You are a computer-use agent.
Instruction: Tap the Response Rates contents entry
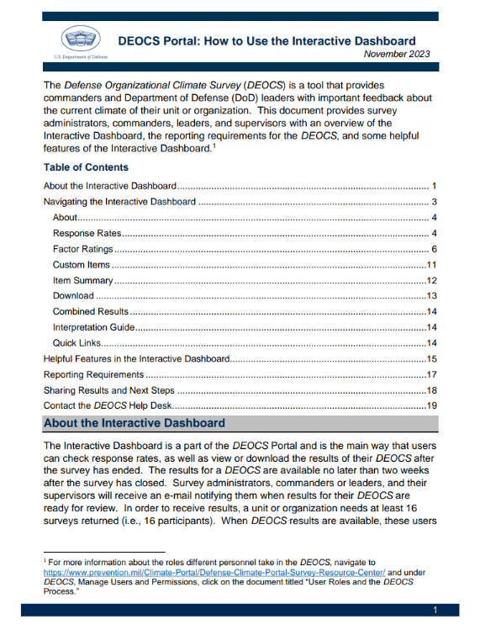pos(87,233)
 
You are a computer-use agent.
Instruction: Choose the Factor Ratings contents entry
pos(83,249)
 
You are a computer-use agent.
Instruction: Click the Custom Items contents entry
pos(81,265)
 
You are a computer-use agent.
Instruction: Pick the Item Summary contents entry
pos(82,280)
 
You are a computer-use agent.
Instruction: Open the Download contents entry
pos(73,296)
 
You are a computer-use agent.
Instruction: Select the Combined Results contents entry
pos(90,311)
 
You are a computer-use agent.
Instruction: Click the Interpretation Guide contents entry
pos(94,327)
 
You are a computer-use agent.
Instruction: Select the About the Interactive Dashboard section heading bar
pos(240,422)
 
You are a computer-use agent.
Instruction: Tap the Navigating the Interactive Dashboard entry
pos(119,202)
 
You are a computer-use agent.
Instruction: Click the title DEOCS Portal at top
pos(266,40)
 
